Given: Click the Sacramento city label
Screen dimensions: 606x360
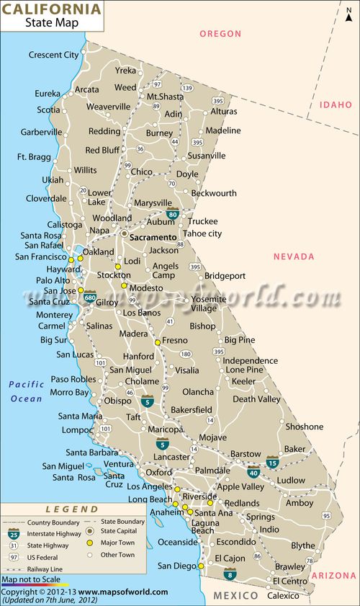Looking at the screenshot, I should pos(153,237).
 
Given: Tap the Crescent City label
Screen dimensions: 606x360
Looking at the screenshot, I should pos(54,55).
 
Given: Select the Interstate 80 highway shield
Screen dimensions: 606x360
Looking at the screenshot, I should pos(173,213).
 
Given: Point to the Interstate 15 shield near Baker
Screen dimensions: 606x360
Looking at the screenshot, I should pos(272,461).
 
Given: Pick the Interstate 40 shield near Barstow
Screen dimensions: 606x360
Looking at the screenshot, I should pos(253,472).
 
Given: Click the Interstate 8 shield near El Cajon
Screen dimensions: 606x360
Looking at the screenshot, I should pos(230,574).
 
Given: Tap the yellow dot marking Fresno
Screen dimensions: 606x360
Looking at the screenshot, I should pos(157,342).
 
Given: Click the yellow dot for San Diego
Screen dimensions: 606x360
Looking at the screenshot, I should pos(201,566).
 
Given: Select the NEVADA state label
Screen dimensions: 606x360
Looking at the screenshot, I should pos(294,257).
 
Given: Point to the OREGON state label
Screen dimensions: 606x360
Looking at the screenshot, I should pos(220,34).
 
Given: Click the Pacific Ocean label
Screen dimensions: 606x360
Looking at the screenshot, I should pos(27,391).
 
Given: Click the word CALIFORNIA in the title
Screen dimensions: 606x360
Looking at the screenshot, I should pos(52,9).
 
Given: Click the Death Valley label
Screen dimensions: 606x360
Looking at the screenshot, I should pos(256,399).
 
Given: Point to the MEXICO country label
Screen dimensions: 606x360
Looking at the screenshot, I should pos(235,596).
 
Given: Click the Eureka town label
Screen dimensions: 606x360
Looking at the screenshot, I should pos(48,94).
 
